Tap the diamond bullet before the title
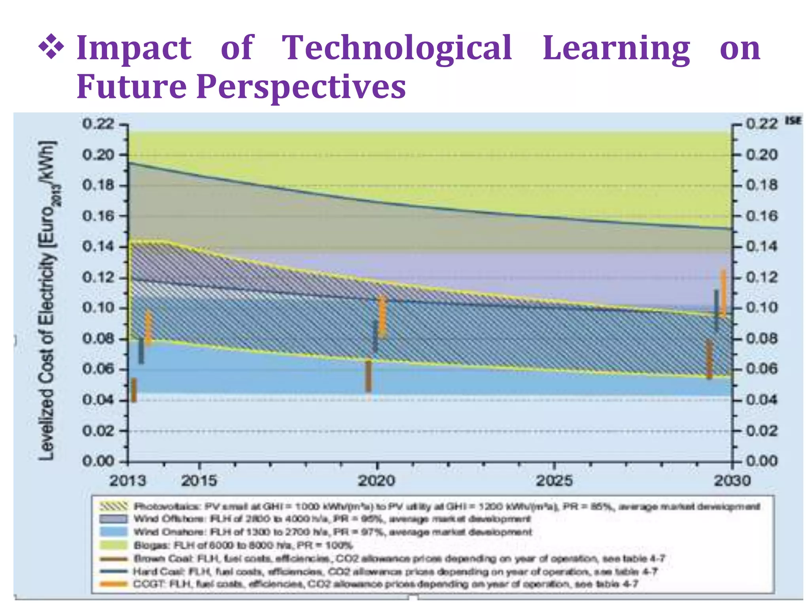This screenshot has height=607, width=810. tap(51, 48)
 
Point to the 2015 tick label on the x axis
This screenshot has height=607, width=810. tap(199, 481)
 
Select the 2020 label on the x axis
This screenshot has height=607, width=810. tap(377, 481)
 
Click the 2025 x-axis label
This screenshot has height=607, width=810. tap(554, 481)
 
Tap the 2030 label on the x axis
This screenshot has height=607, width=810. tap(732, 481)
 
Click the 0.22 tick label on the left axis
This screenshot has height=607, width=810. tap(98, 124)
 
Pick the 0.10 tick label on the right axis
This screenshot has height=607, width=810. tap(762, 307)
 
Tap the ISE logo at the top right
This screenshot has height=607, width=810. tap(793, 121)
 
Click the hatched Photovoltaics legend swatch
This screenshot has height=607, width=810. tap(114, 506)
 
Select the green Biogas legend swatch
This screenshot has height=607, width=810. tap(114, 545)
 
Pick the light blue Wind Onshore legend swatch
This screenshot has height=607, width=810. tap(114, 532)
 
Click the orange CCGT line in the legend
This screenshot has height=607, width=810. tap(114, 584)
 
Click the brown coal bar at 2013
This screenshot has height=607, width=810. tap(134, 390)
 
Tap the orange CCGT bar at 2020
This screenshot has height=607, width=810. tap(382, 316)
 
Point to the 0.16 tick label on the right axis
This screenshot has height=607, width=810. tap(762, 216)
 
